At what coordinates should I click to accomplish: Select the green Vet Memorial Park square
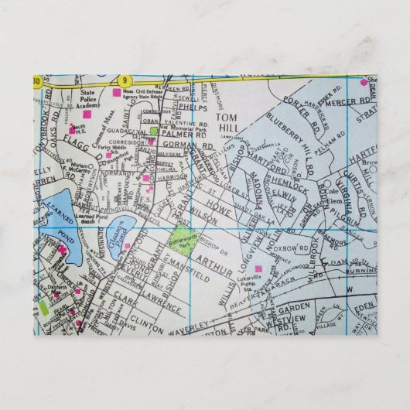[155, 131]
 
